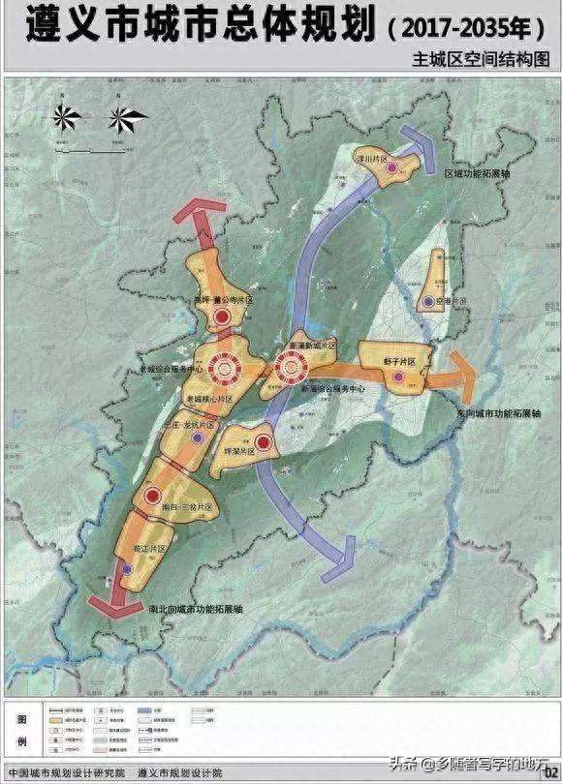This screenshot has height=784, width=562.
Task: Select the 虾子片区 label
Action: coord(399,362)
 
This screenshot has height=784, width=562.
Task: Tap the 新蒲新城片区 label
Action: coord(314,346)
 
